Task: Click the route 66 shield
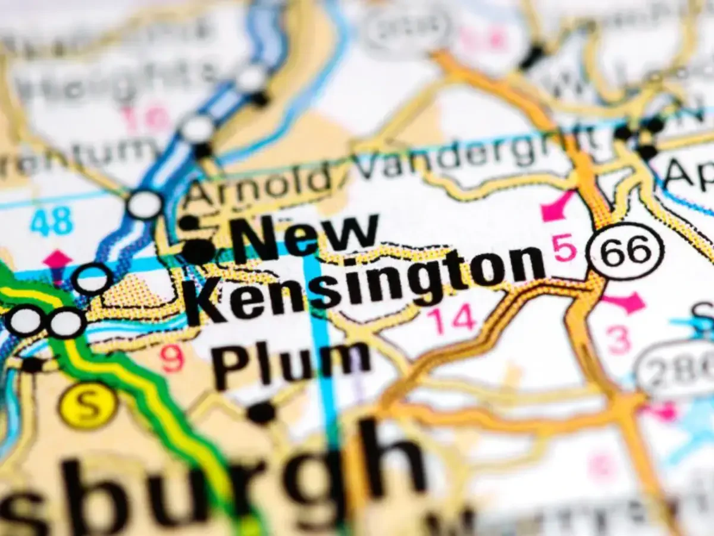coord(624,251)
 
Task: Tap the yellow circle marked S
coord(88,407)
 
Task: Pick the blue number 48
coord(52,222)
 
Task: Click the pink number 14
coord(453,320)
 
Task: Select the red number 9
coord(172,359)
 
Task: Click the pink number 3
coord(619,339)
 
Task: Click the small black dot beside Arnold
coord(189,223)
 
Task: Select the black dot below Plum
coord(261,412)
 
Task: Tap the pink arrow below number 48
coord(57,260)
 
